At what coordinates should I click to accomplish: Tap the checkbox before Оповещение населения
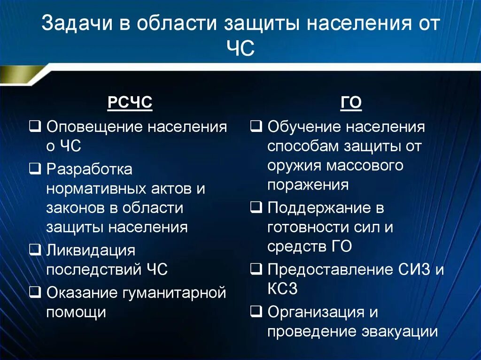tap(36, 126)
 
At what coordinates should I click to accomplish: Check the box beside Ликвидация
tap(36, 250)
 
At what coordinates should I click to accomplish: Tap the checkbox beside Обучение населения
tap(257, 126)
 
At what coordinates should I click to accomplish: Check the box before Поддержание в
tap(257, 207)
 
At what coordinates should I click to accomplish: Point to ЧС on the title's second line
tap(240, 48)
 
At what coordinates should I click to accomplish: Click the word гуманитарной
tap(175, 293)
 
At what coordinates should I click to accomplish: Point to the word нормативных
tap(89, 188)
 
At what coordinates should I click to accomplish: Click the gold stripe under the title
tap(21, 74)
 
